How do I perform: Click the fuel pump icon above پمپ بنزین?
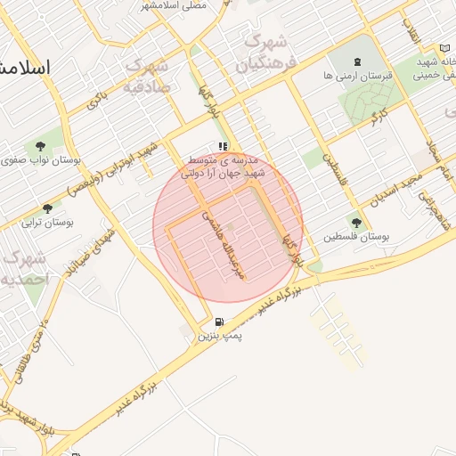pyautogui.click(x=219, y=322)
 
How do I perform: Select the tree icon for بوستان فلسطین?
pyautogui.click(x=357, y=223)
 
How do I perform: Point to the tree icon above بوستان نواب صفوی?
pyautogui.click(x=41, y=146)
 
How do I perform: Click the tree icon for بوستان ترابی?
pyautogui.click(x=47, y=208)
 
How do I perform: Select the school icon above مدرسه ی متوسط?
pyautogui.click(x=223, y=146)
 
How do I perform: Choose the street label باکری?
pyautogui.click(x=97, y=99)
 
